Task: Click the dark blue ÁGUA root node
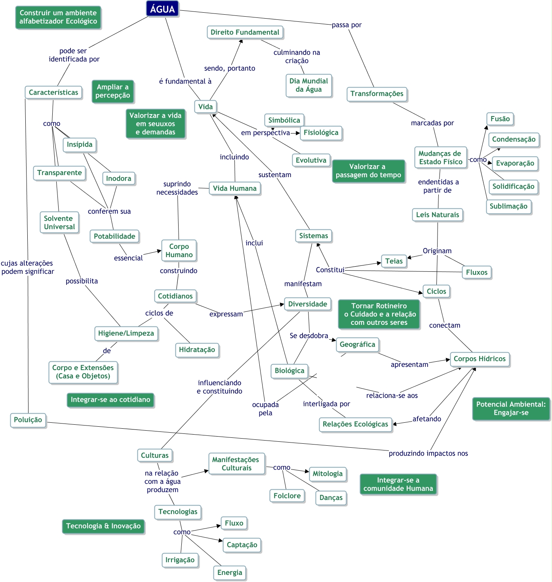162,9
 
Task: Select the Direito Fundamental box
244,32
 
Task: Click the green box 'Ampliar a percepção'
112,91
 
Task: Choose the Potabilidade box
114,236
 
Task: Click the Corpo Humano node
179,250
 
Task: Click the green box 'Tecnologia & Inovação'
103,525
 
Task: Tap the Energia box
229,572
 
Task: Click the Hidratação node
196,349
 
